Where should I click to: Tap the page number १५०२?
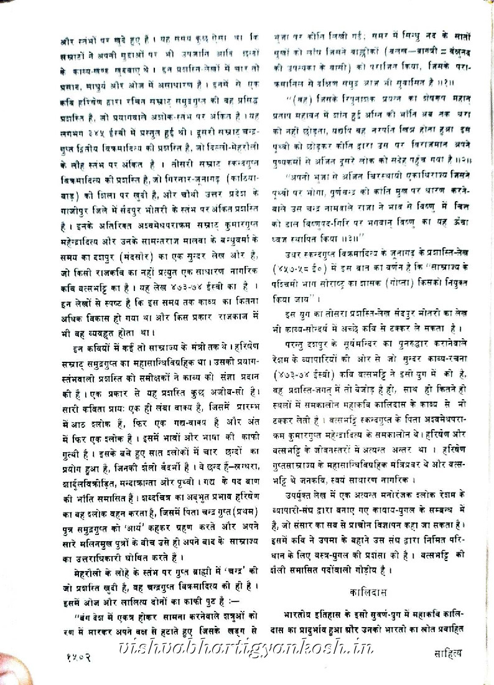coord(82,655)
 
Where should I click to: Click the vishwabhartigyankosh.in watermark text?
coord(246,650)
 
